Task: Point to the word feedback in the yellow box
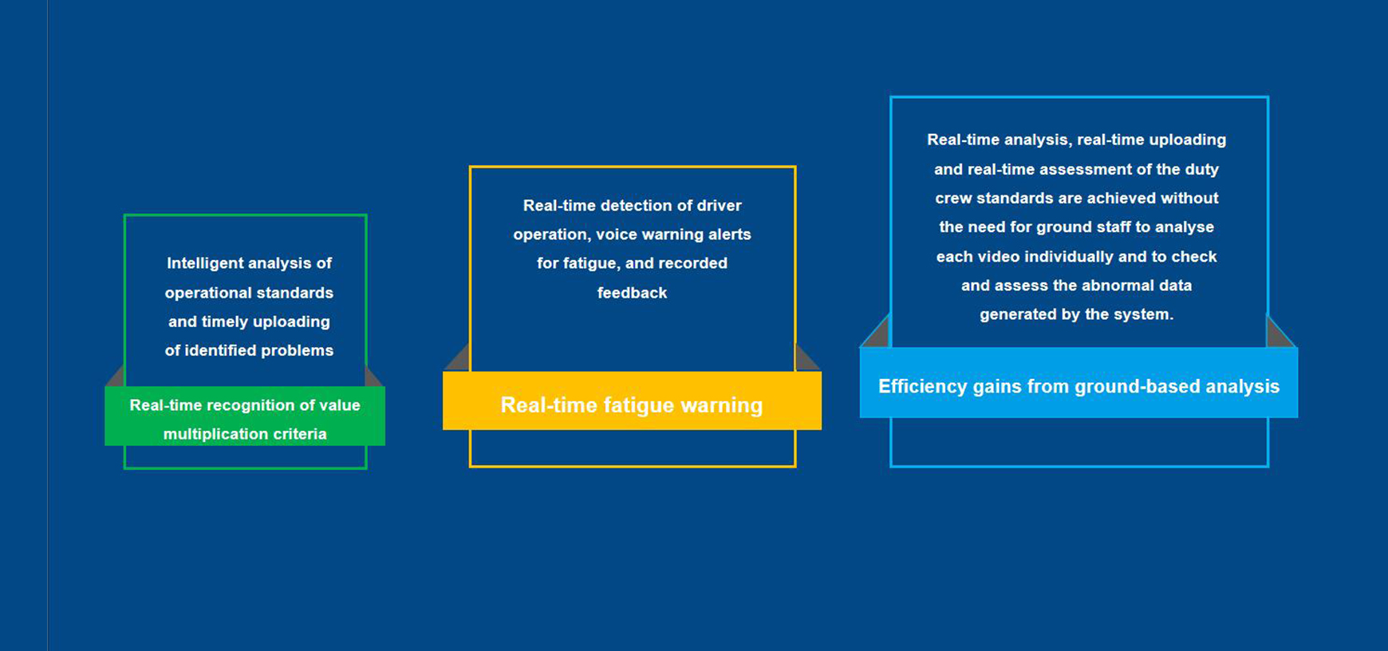point(632,293)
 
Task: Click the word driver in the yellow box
point(719,206)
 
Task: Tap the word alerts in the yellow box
point(729,235)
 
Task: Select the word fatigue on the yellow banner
point(633,405)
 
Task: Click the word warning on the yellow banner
point(720,406)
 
